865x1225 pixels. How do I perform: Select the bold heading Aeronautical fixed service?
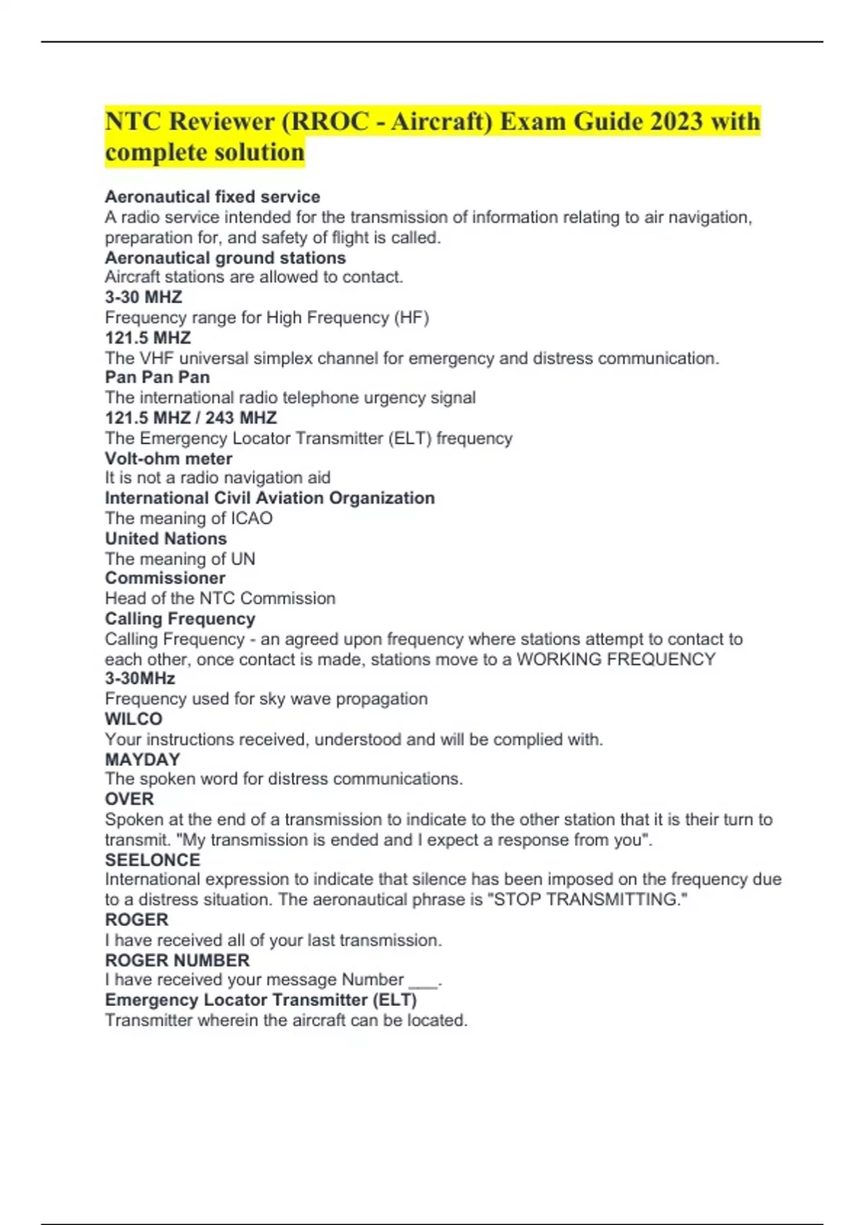(x=213, y=197)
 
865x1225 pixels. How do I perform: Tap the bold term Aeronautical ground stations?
(x=225, y=257)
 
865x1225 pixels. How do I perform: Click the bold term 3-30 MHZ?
(x=143, y=297)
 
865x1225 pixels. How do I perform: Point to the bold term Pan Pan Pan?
(x=157, y=377)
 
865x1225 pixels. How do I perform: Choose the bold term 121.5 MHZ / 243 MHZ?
(x=191, y=417)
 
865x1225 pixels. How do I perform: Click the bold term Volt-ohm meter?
(x=169, y=458)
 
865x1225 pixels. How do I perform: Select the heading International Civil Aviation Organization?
(x=270, y=498)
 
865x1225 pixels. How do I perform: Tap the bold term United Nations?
(x=166, y=538)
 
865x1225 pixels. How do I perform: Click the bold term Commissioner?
(x=165, y=578)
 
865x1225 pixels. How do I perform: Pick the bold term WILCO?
(x=133, y=718)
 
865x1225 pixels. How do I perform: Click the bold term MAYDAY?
(x=143, y=759)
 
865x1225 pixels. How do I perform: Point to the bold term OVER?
(x=130, y=799)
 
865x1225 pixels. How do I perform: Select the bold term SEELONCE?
(x=153, y=860)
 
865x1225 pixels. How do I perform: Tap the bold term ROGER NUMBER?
(x=177, y=960)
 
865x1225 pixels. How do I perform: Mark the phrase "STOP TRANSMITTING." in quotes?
(x=590, y=899)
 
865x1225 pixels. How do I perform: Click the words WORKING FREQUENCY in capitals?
(x=616, y=659)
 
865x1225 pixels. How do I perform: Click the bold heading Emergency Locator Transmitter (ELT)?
(x=261, y=999)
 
